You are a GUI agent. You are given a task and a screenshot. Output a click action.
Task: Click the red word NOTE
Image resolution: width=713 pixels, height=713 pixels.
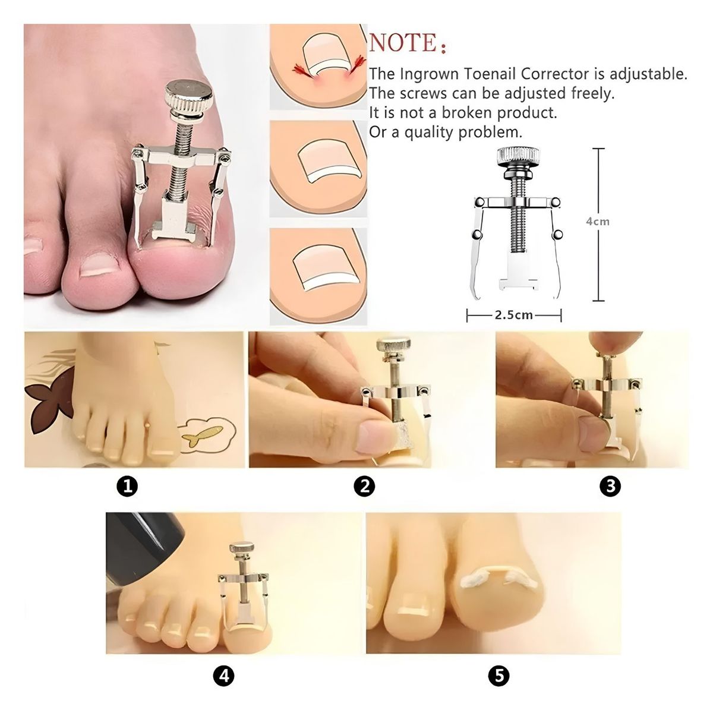tap(403, 43)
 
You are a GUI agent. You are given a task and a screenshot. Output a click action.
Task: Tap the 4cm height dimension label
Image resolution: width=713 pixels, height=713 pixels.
tap(598, 222)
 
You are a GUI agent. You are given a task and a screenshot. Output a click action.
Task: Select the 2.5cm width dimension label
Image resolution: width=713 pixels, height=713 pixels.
tap(514, 315)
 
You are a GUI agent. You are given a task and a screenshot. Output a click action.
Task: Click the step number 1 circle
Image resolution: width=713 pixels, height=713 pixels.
tap(128, 487)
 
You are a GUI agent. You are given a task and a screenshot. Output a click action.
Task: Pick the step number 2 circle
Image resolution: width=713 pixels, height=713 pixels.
tap(364, 487)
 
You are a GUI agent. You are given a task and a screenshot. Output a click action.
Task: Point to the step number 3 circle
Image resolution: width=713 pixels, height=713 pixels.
tap(610, 487)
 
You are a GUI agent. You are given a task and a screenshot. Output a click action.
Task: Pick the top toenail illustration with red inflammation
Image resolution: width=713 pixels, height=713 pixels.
tap(317, 67)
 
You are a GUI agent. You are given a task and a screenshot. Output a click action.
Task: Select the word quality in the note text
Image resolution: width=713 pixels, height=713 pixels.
tap(430, 132)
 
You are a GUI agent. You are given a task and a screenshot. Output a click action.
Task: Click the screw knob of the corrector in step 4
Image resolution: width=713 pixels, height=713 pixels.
tap(242, 547)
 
